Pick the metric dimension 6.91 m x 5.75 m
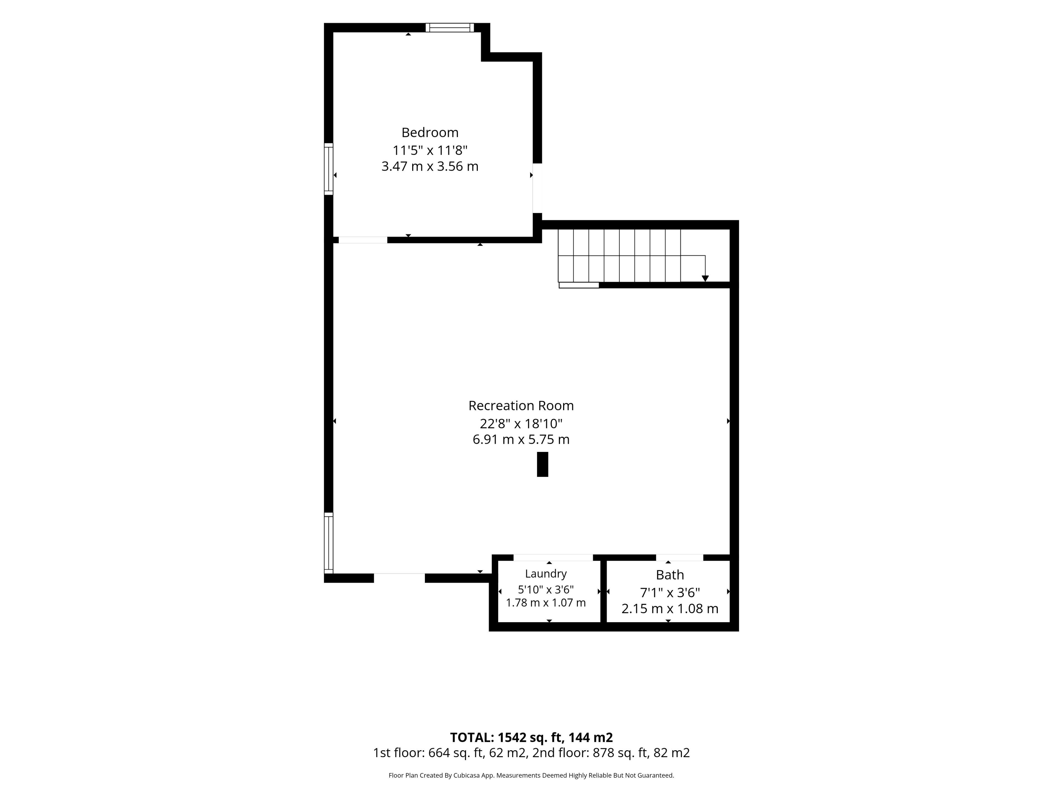pos(521,439)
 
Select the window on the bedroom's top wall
pos(450,27)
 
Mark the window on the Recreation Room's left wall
pos(329,543)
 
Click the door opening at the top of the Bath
pos(680,557)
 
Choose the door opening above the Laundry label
pos(553,557)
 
